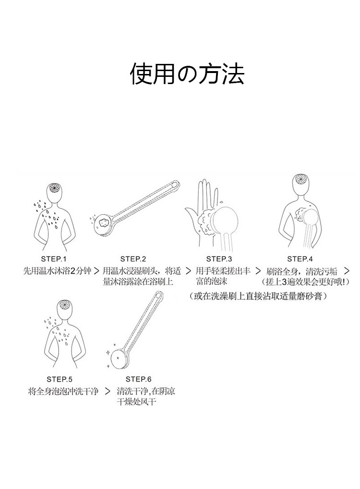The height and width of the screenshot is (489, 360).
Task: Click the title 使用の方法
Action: [x=187, y=73]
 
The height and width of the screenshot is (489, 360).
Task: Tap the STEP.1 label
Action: [x=54, y=259]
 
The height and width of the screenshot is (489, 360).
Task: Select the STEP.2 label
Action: [x=133, y=259]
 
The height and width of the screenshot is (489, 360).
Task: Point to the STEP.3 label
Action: [x=219, y=259]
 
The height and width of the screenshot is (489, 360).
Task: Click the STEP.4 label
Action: [x=300, y=259]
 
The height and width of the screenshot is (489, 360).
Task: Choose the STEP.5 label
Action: [x=60, y=379]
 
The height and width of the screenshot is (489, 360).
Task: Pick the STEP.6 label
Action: [x=138, y=379]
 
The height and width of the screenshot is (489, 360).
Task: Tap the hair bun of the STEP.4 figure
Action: [x=301, y=181]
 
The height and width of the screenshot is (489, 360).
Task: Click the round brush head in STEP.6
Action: [x=120, y=359]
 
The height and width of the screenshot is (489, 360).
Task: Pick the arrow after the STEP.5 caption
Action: [x=108, y=391]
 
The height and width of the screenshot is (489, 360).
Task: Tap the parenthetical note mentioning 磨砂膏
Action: [x=258, y=296]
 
